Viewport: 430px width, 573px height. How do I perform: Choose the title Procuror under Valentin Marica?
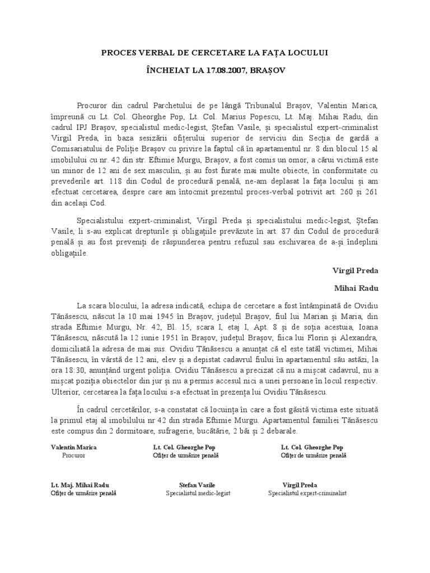(73, 455)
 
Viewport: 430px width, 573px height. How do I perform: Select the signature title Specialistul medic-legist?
(198, 494)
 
